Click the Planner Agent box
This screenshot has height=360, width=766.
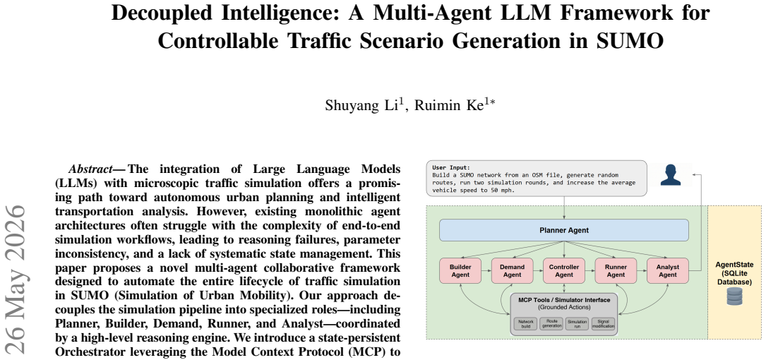pyautogui.click(x=564, y=230)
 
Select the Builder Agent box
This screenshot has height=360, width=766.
pyautogui.click(x=460, y=270)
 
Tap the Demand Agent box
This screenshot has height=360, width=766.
pyautogui.click(x=512, y=270)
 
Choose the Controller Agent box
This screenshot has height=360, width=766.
pyautogui.click(x=564, y=270)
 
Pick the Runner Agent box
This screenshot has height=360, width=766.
pyautogui.click(x=616, y=270)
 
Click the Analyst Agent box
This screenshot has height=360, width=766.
pyautogui.click(x=667, y=270)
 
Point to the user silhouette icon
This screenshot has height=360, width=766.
pyautogui.click(x=670, y=175)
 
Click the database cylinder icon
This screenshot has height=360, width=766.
pyautogui.click(x=734, y=296)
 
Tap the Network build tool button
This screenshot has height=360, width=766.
pyautogui.click(x=525, y=324)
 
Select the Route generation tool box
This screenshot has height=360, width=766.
pyautogui.click(x=551, y=324)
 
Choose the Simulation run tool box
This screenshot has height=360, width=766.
pyautogui.click(x=577, y=324)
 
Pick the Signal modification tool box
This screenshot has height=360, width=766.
pyautogui.click(x=603, y=324)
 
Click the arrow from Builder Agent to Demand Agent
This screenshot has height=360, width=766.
pyautogui.click(x=486, y=270)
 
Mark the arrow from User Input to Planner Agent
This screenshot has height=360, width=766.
pyautogui.click(x=564, y=208)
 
